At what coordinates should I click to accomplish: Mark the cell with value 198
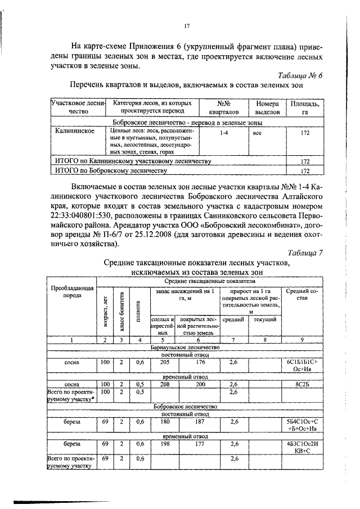point(165,443)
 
